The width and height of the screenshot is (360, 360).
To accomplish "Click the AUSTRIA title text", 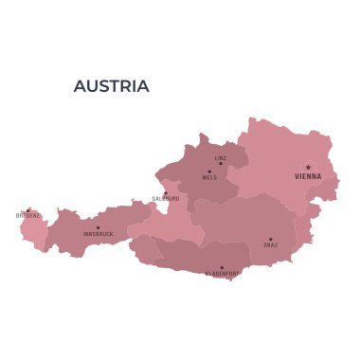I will pos(111,86).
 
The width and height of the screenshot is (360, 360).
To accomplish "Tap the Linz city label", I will pos(221,157).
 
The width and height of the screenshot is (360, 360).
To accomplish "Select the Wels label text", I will pos(209,178).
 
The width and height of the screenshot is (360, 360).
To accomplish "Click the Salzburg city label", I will pos(166,199).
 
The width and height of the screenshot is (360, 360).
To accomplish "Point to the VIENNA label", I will pos(308,176).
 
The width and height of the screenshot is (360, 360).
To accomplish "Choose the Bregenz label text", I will pos(28,216).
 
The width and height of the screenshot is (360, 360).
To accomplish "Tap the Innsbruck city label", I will pos(98,233).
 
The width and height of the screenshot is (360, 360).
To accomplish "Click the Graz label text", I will pos(270,245).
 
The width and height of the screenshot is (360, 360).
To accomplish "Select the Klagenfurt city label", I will pos(222,274).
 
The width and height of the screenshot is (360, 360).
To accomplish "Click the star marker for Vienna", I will pos(308,168).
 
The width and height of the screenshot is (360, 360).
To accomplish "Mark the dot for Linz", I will pos(221,164).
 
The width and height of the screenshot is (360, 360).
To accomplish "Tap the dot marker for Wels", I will pos(209,171).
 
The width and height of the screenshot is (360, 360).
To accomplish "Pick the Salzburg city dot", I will pos(166,193).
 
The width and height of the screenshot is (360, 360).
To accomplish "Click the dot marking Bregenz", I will pos(28,210).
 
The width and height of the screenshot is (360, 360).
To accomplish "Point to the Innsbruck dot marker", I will pos(98,227).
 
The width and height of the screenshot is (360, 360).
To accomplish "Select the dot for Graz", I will pos(270,240).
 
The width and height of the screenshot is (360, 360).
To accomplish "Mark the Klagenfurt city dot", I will pos(222,267).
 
